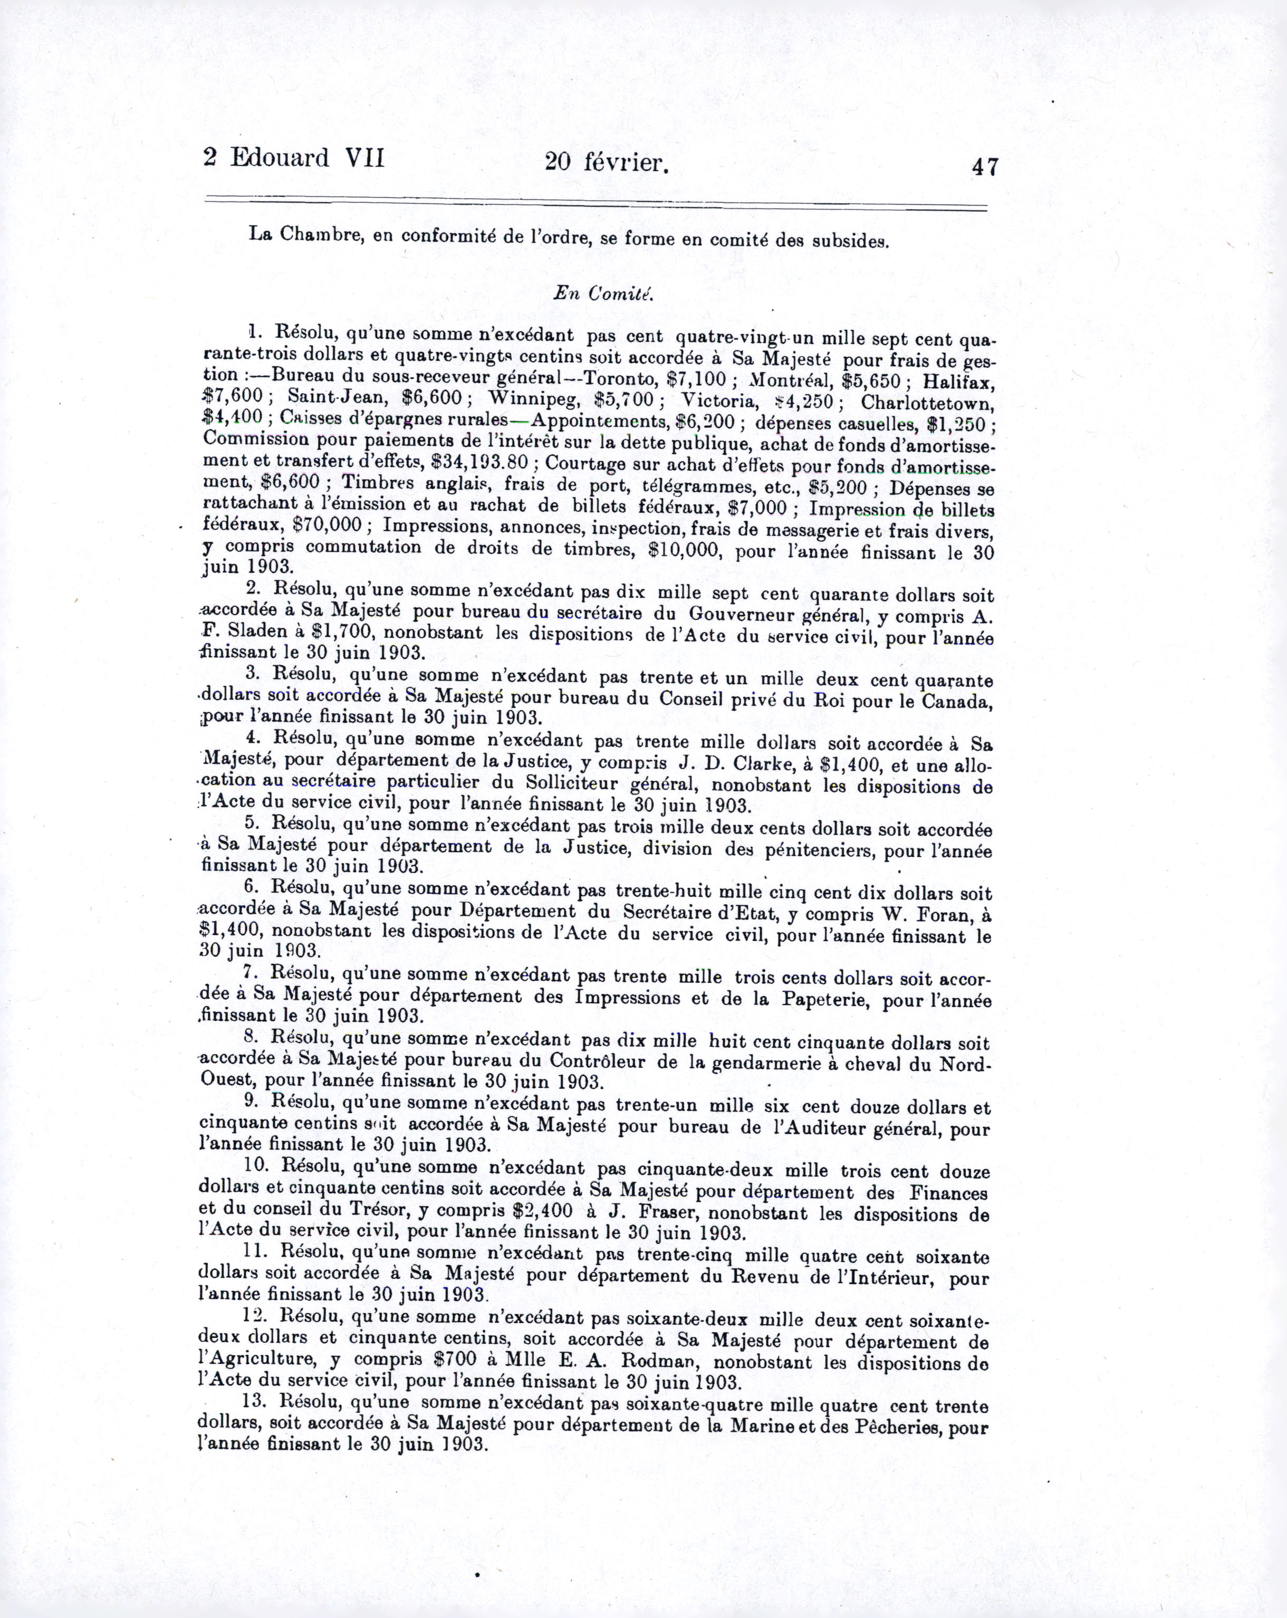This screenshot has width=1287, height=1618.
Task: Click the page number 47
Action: [984, 166]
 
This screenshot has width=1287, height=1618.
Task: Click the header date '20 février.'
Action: [607, 161]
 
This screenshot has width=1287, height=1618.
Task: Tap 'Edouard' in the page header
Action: [279, 158]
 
